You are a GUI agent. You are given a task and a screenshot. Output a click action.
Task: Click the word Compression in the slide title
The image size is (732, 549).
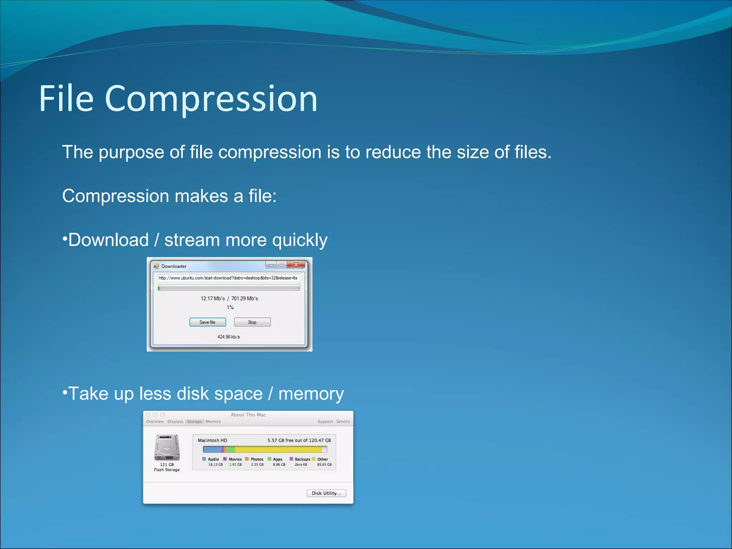pyautogui.click(x=211, y=99)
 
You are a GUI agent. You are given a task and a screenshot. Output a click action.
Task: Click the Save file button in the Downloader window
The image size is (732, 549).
pyautogui.click(x=207, y=322)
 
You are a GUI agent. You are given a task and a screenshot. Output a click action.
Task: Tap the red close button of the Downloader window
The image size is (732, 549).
pyautogui.click(x=296, y=264)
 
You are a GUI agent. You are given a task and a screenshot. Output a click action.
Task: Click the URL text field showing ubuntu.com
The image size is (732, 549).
pyautogui.click(x=228, y=278)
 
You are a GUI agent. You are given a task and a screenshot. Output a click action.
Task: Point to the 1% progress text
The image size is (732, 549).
pyautogui.click(x=230, y=307)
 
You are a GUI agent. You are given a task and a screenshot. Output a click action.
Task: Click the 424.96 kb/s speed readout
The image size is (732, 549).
pyautogui.click(x=229, y=337)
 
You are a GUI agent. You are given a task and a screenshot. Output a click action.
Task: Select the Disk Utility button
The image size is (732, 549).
pyautogui.click(x=326, y=493)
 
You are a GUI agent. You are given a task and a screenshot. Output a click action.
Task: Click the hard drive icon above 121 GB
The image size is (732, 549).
pyautogui.click(x=167, y=447)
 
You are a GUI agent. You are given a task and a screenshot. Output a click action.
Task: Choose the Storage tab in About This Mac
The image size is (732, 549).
pyautogui.click(x=194, y=421)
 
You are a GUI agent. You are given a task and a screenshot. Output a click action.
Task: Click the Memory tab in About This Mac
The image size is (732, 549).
pyautogui.click(x=213, y=421)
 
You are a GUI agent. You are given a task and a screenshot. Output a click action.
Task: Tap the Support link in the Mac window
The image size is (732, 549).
pyautogui.click(x=325, y=421)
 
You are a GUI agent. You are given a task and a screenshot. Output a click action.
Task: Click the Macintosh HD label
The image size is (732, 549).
pyautogui.click(x=212, y=440)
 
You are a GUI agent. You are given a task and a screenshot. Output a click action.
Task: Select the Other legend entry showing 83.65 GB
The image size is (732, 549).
pyautogui.click(x=322, y=459)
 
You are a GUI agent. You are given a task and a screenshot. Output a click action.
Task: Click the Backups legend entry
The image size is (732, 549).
pyautogui.click(x=302, y=459)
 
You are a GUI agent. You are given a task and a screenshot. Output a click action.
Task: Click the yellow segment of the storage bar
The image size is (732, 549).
pyautogui.click(x=279, y=449)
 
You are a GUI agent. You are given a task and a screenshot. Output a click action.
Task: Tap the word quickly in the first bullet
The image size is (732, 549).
pyautogui.click(x=300, y=240)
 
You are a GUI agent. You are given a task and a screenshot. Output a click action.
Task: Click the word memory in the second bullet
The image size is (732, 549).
pyautogui.click(x=311, y=394)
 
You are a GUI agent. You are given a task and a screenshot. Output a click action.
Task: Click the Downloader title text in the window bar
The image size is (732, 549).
pyautogui.click(x=174, y=266)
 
